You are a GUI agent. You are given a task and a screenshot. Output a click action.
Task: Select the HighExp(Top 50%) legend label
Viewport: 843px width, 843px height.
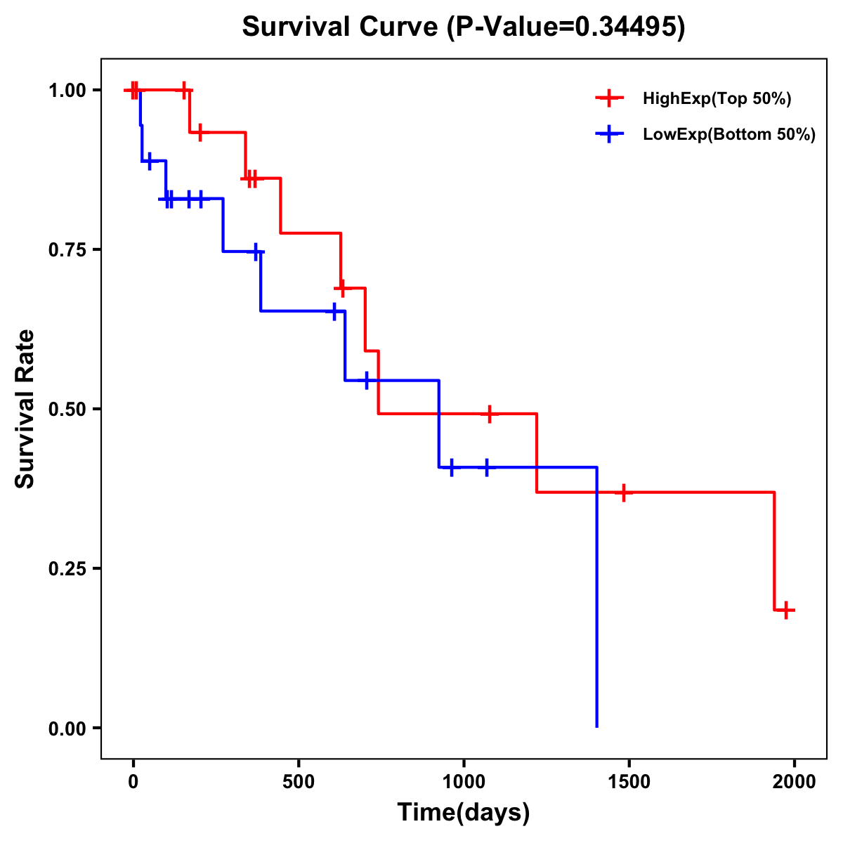(717, 99)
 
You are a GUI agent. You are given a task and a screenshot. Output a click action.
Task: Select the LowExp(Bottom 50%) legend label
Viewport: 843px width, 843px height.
(729, 135)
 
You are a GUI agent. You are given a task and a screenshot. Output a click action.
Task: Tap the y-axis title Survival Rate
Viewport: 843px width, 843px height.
(25, 408)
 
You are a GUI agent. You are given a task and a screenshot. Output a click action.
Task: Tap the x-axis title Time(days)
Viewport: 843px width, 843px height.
(464, 813)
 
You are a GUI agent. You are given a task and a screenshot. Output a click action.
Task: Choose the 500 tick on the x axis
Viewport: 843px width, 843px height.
(299, 781)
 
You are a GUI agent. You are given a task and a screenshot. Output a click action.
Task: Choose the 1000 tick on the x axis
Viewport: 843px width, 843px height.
(464, 781)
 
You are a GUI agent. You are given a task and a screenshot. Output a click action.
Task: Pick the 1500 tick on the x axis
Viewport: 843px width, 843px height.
(629, 781)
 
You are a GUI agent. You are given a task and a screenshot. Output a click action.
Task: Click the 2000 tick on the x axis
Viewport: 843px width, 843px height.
(795, 781)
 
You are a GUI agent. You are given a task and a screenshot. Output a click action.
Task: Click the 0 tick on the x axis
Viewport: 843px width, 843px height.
(133, 781)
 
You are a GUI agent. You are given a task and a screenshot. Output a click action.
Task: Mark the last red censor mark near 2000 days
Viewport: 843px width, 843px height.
(786, 610)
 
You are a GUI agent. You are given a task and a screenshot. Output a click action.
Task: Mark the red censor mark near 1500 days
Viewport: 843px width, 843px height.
(622, 492)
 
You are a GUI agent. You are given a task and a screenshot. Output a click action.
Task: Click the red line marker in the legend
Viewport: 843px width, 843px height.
(610, 98)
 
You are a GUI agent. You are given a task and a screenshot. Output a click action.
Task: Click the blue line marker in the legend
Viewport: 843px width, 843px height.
(610, 134)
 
